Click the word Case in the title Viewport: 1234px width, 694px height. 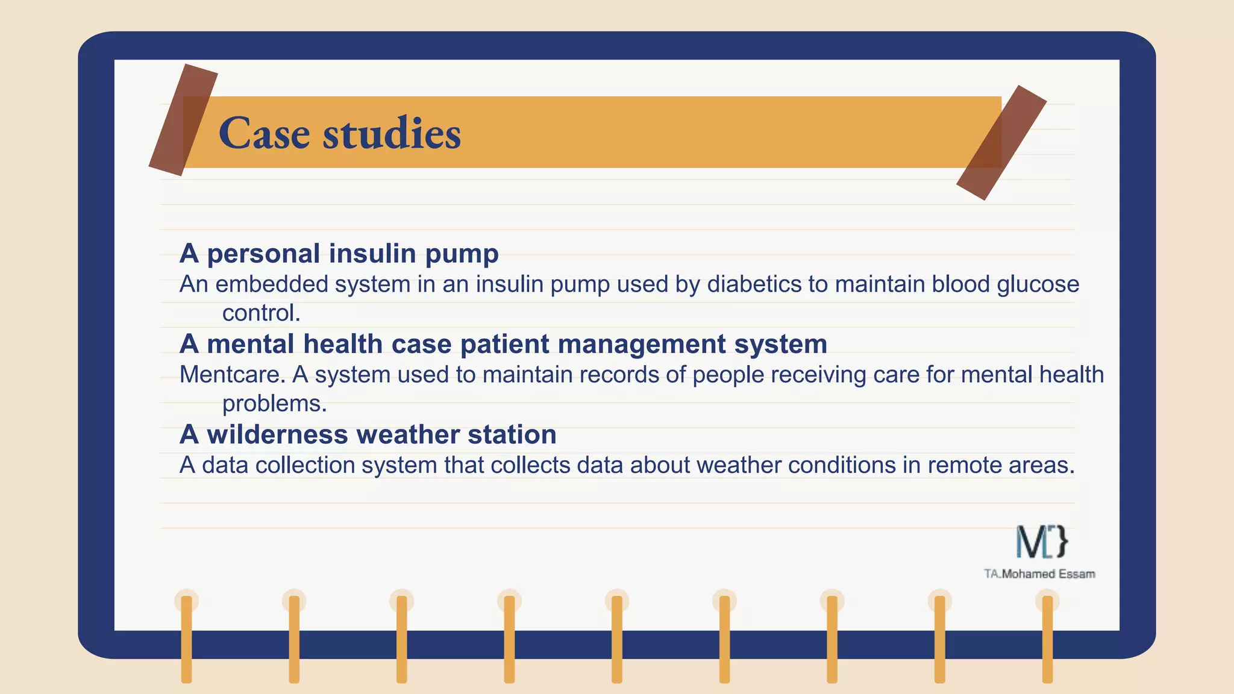pyautogui.click(x=264, y=133)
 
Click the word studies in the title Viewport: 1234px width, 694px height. pyautogui.click(x=392, y=133)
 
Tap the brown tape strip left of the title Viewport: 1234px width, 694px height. pyautogui.click(x=183, y=120)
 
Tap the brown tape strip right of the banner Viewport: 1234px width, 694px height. pyautogui.click(x=1001, y=142)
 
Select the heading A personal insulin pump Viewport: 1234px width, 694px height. pyautogui.click(x=339, y=254)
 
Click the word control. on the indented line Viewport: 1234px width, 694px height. pyautogui.click(x=261, y=313)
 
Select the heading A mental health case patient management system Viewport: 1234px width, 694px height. pyautogui.click(x=503, y=345)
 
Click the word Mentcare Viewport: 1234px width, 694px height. pyautogui.click(x=232, y=375)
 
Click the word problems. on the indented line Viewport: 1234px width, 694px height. pyautogui.click(x=274, y=404)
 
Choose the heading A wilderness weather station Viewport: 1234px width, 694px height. pyautogui.click(x=368, y=435)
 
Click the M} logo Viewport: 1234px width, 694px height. pyautogui.click(x=1042, y=542)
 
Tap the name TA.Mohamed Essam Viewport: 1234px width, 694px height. pyautogui.click(x=1039, y=574)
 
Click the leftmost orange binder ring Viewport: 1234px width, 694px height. pyautogui.click(x=187, y=639)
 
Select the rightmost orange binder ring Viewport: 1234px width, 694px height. pyautogui.click(x=1047, y=639)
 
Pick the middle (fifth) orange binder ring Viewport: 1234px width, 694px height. pyautogui.click(x=617, y=639)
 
